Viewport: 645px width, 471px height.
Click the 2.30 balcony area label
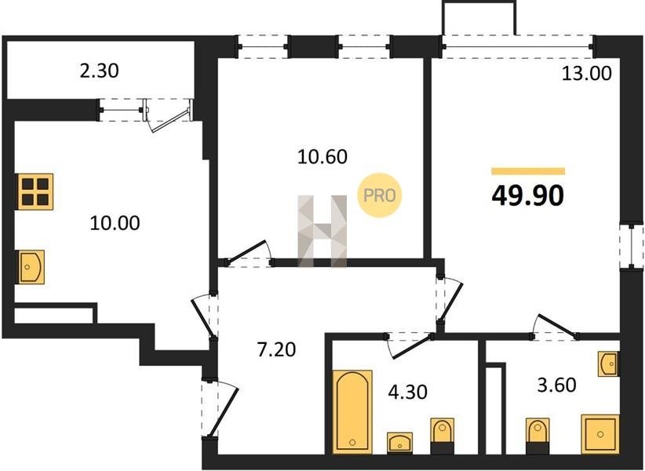(x=99, y=71)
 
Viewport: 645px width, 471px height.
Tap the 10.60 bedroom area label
(x=322, y=157)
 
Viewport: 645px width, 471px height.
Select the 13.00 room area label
(x=587, y=73)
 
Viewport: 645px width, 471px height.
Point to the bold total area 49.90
(x=528, y=195)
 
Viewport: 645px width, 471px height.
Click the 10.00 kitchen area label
(x=115, y=223)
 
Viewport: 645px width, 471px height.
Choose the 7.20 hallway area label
(x=276, y=349)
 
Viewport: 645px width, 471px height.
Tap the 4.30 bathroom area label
(x=408, y=392)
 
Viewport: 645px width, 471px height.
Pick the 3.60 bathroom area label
(x=557, y=385)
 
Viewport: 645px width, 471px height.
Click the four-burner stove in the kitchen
(x=35, y=192)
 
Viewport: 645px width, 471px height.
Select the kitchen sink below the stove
(x=30, y=267)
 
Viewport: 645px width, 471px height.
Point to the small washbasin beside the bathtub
(x=400, y=443)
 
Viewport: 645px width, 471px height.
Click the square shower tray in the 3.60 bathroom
(x=599, y=434)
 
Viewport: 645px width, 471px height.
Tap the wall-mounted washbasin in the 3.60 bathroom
(x=608, y=363)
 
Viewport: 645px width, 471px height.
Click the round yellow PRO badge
(x=379, y=195)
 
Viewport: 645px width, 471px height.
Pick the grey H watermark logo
(x=322, y=231)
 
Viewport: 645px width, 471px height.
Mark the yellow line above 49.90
(x=528, y=172)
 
